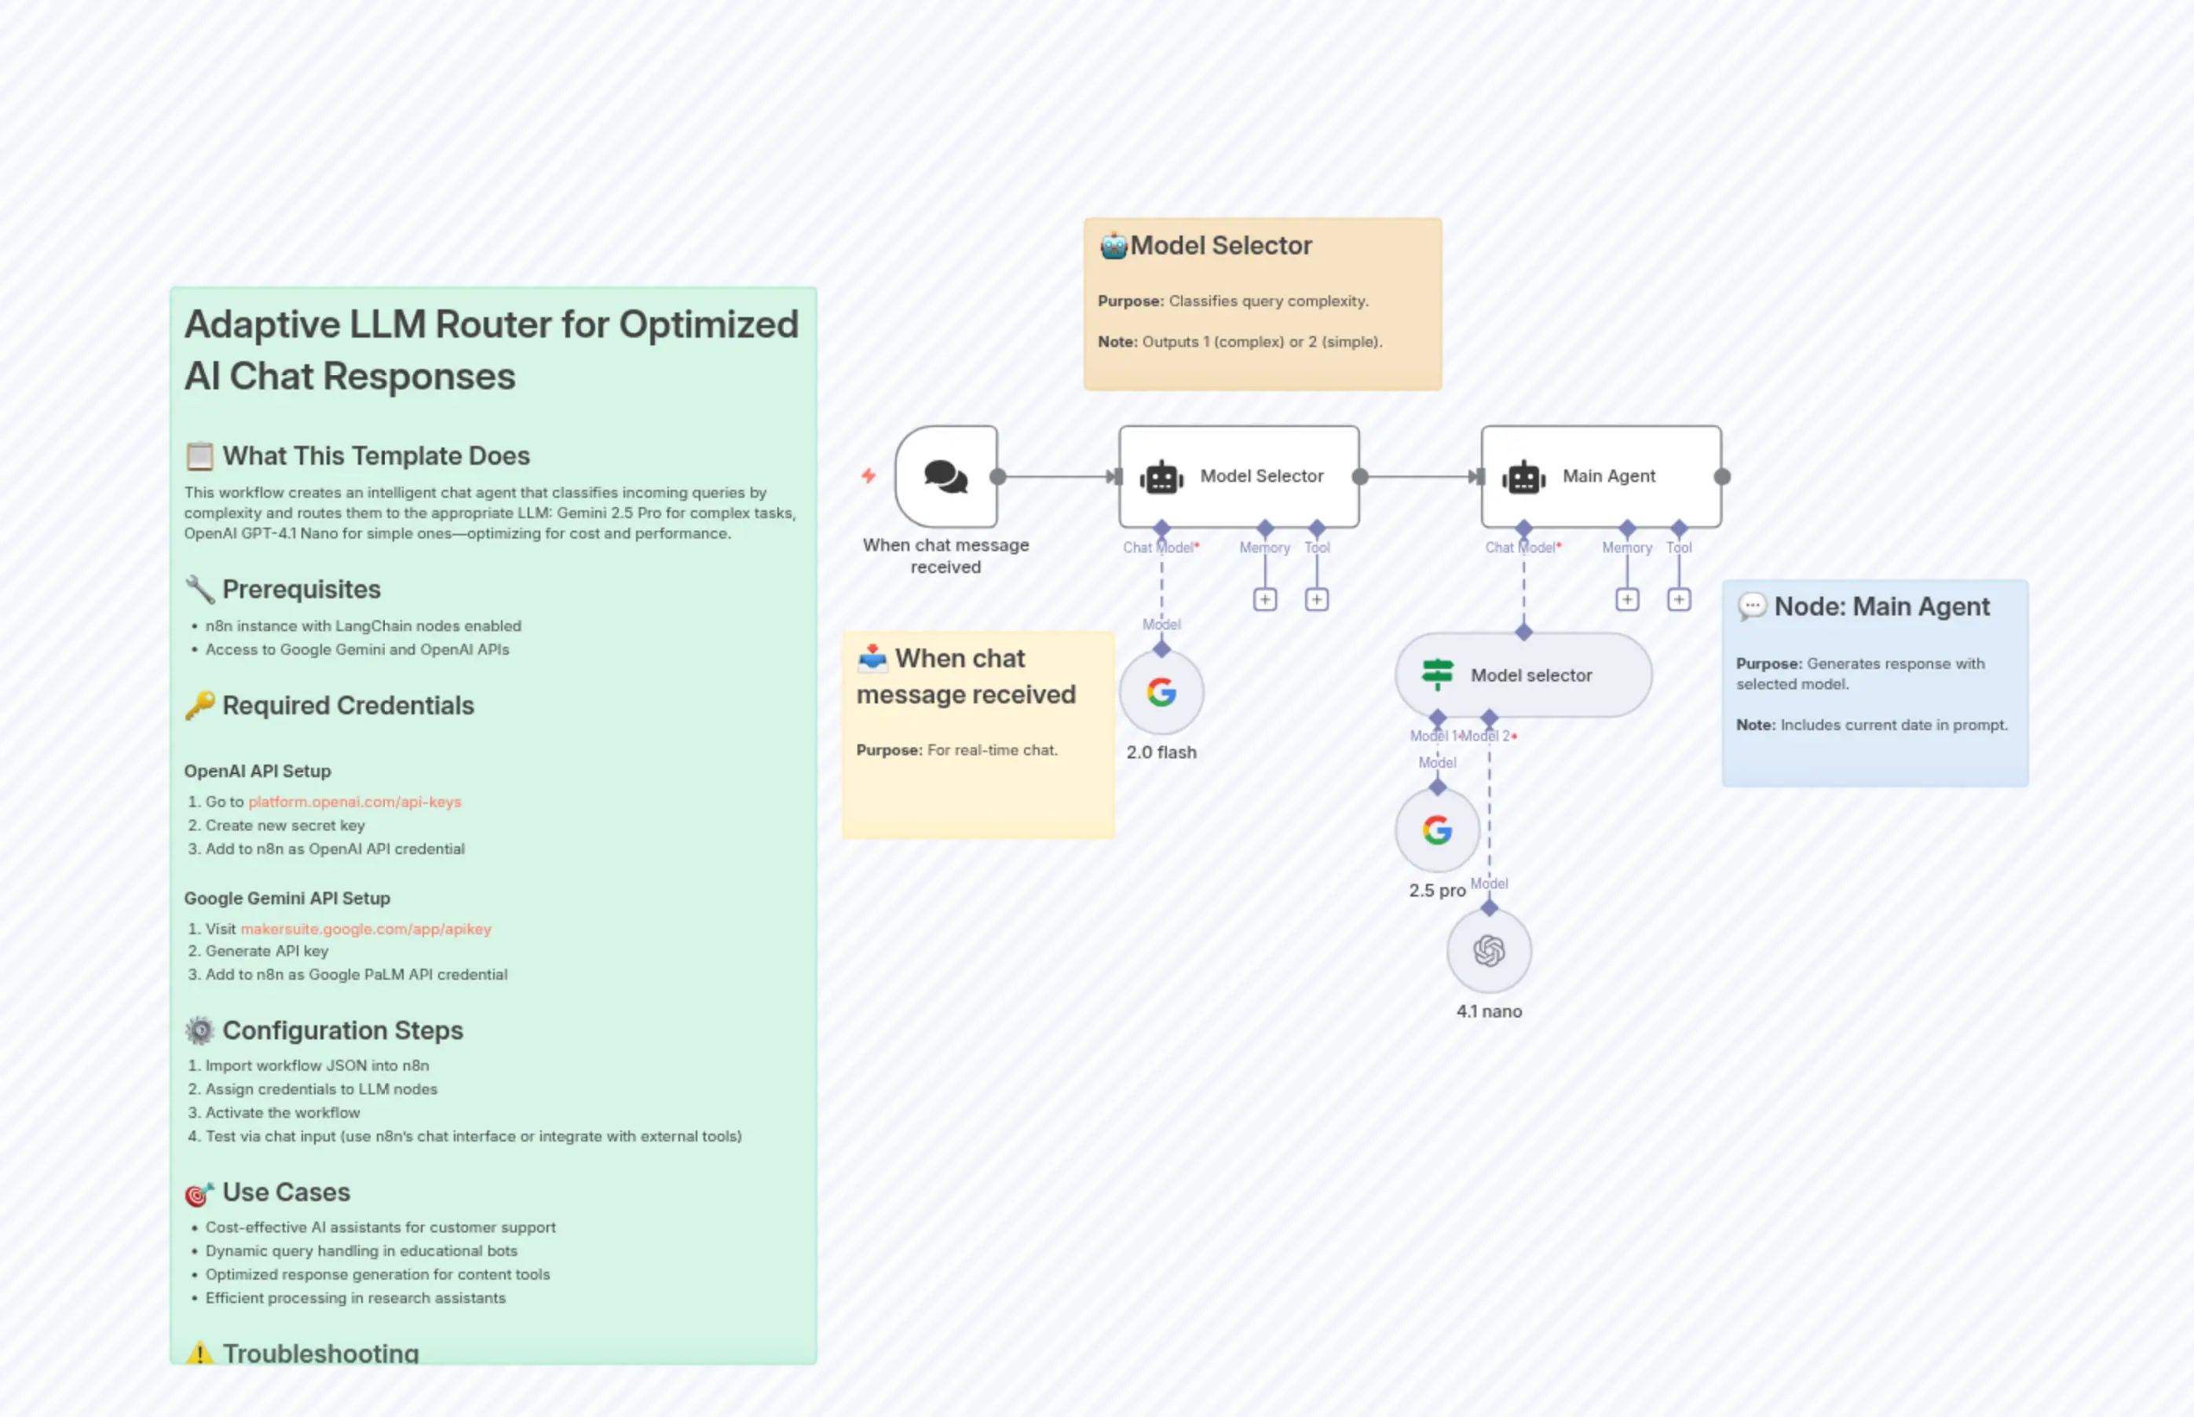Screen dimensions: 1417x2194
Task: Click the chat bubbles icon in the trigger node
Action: (945, 477)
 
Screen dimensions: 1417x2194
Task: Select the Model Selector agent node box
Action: (1238, 477)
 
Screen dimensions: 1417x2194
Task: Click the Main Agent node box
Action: (1600, 477)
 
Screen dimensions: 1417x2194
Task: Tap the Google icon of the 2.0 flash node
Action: (1161, 692)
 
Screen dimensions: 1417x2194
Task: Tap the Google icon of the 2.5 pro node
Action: (1436, 830)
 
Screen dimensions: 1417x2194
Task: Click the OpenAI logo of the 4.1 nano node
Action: (1489, 951)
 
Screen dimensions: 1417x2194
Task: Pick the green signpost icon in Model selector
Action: (1436, 674)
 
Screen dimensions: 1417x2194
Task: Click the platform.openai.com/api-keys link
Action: (354, 802)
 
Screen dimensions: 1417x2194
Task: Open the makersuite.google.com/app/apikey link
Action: (365, 929)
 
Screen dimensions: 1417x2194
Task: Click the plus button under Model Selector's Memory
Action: (1264, 600)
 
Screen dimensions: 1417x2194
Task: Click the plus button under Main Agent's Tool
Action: (1679, 600)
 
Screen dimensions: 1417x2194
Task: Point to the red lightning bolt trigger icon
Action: (868, 476)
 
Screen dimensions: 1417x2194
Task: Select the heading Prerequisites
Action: (301, 589)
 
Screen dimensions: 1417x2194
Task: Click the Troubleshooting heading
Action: (320, 1353)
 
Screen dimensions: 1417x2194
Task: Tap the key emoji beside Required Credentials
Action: (199, 706)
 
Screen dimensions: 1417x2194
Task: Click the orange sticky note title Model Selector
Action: (1220, 246)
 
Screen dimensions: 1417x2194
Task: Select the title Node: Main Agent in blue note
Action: (1881, 606)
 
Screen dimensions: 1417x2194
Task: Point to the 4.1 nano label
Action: (1489, 1011)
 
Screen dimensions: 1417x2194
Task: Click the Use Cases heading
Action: (286, 1192)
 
